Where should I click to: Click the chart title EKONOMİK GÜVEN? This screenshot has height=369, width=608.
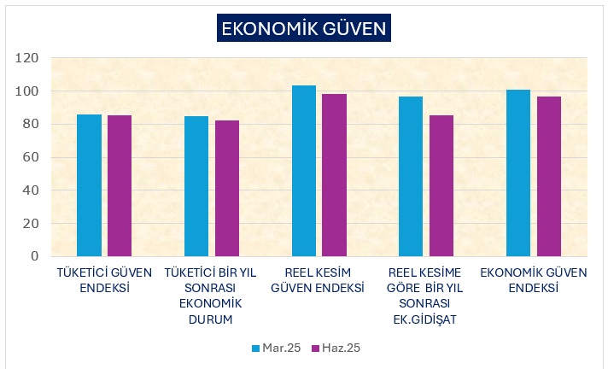point(303,28)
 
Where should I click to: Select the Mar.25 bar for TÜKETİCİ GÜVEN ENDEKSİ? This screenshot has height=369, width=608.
point(89,185)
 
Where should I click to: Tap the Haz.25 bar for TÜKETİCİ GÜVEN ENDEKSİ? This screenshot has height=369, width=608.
point(120,185)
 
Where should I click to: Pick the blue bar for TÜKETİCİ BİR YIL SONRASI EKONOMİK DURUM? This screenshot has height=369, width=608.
point(196,186)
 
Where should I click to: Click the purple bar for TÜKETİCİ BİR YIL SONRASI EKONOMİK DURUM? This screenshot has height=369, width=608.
point(227,188)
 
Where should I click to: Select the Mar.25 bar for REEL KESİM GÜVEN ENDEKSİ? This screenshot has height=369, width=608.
point(304,171)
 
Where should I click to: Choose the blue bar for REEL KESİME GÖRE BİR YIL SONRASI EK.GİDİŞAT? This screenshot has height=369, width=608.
point(411,176)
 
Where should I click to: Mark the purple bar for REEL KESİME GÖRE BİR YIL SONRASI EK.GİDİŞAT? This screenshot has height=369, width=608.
point(441,185)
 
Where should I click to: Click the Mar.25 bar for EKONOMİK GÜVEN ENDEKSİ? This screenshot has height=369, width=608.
point(518,173)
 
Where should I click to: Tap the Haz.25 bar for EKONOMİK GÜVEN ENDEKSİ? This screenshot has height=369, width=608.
point(549,176)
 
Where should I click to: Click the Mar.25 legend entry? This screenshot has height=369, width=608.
point(276,348)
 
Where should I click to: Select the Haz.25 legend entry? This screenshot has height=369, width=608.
point(335,348)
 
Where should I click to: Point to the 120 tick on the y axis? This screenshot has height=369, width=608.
point(28,58)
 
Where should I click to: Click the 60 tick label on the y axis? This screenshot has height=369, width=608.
point(31,157)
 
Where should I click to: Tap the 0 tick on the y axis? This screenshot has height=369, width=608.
point(35,256)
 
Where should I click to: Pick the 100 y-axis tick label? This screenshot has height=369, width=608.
point(28,91)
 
